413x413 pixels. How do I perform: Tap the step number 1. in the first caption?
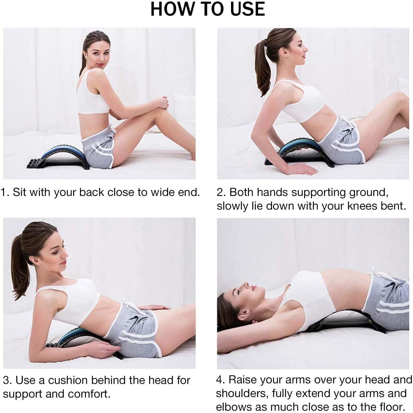[5, 192]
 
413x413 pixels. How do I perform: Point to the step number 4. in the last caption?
[220, 380]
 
